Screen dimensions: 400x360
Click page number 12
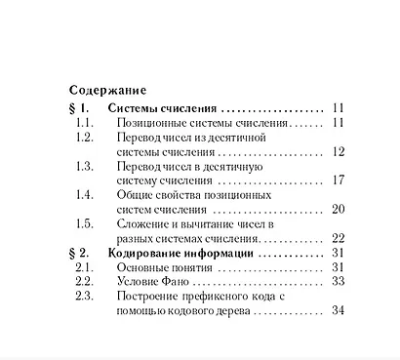(x=340, y=152)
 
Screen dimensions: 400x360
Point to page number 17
(x=340, y=180)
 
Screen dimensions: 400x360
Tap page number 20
(x=340, y=209)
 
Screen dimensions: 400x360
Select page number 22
(x=340, y=237)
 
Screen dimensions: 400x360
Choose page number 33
(x=340, y=281)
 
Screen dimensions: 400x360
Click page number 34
(x=340, y=310)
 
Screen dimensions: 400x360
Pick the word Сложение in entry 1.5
(x=146, y=223)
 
